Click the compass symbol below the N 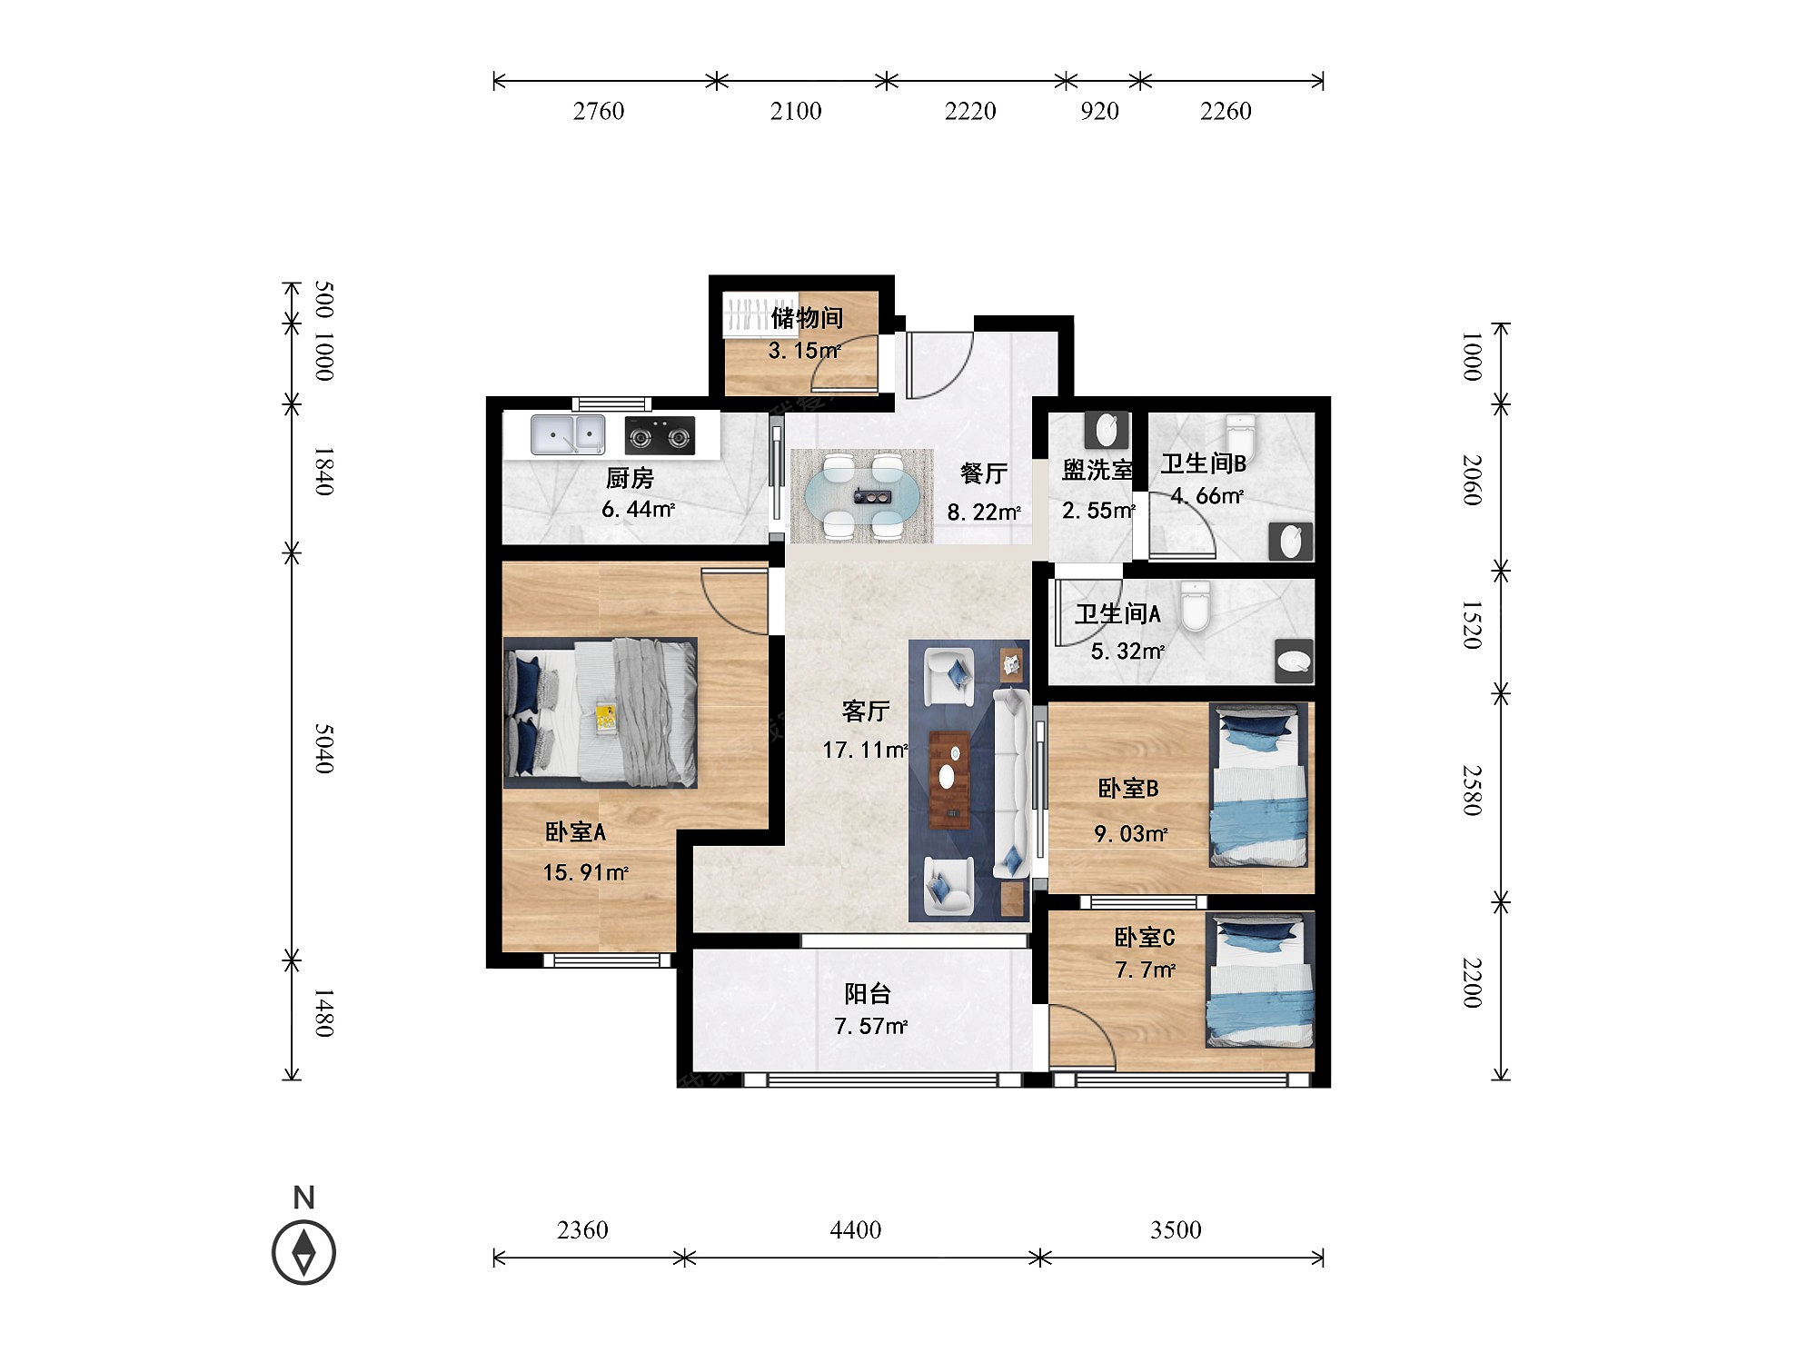click(303, 1252)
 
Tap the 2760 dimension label click(599, 111)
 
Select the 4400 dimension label click(855, 1229)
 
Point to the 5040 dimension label click(324, 749)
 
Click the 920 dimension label click(1099, 111)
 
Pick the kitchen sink click(568, 434)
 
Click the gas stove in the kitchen click(660, 435)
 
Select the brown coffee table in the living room click(949, 780)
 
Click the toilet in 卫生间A click(1196, 606)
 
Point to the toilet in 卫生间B click(1240, 438)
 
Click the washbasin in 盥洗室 click(1107, 430)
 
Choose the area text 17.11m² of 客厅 click(865, 750)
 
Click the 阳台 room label click(868, 993)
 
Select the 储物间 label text click(808, 318)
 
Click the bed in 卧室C click(1260, 980)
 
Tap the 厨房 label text click(630, 478)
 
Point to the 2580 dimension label click(1472, 791)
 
